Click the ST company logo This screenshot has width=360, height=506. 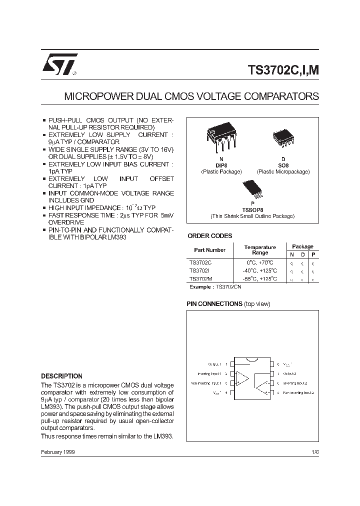[58, 64]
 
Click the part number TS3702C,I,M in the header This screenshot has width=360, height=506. [283, 69]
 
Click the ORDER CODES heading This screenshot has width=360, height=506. [209, 236]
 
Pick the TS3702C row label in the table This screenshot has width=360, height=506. [200, 262]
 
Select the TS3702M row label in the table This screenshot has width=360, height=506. [200, 278]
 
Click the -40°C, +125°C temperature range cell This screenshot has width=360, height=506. [260, 270]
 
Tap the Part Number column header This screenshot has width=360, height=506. [209, 250]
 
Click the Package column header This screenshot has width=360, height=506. [302, 246]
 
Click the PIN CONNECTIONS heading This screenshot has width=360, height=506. [214, 304]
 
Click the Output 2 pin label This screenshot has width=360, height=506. [290, 373]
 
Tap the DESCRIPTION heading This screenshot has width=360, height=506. [61, 376]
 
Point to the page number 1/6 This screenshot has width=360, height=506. [314, 452]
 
